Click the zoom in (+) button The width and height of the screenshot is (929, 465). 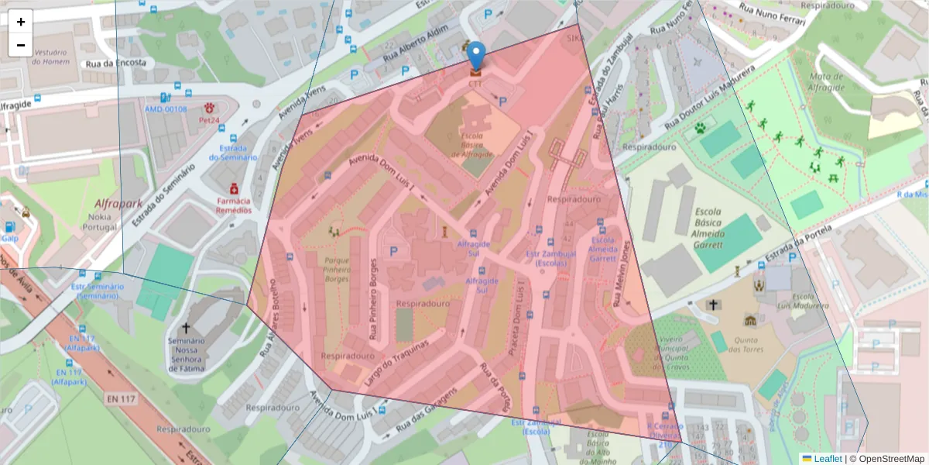click(x=21, y=22)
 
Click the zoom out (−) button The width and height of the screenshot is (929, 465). click(x=21, y=45)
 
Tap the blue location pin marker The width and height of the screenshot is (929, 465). click(x=477, y=56)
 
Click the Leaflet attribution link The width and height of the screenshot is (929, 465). click(x=827, y=459)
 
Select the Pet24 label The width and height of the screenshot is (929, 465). click(x=210, y=120)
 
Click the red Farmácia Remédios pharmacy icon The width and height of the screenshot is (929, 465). click(x=233, y=188)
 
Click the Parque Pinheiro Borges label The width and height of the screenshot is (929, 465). click(x=337, y=268)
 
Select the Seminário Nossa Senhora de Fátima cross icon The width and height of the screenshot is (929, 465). click(x=186, y=329)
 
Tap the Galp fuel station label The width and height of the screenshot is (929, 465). click(x=10, y=239)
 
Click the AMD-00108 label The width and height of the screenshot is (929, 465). click(x=166, y=108)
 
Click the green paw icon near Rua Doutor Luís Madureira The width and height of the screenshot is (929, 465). click(x=701, y=128)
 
